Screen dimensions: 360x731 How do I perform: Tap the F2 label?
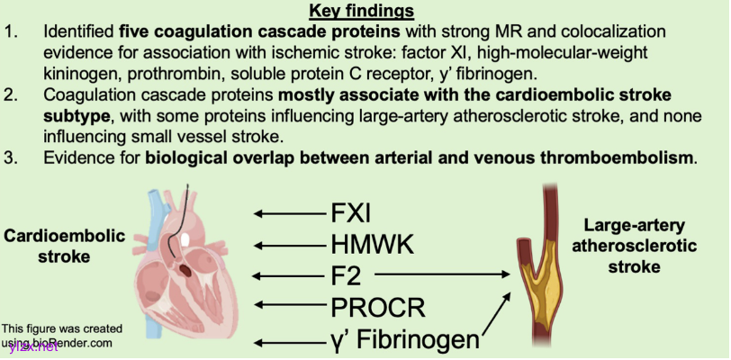coord(347,273)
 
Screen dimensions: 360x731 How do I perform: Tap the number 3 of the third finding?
coord(14,159)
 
